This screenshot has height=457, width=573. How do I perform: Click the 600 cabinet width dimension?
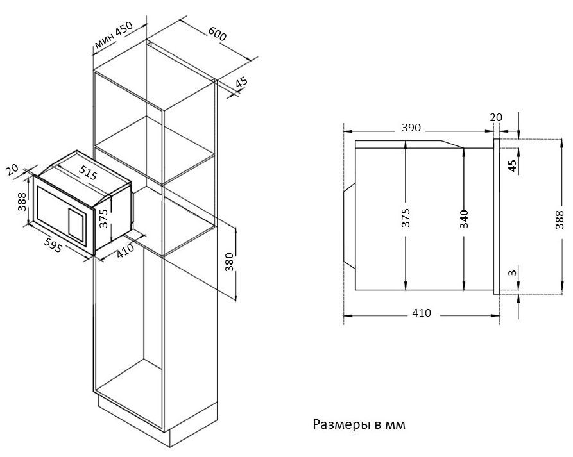[x=218, y=35]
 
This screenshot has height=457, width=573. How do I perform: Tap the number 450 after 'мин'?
[x=123, y=31]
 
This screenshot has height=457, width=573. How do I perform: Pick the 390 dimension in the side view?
[x=411, y=128]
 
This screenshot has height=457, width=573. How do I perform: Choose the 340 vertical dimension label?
[x=464, y=219]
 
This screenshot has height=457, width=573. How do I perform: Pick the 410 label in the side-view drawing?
[x=422, y=313]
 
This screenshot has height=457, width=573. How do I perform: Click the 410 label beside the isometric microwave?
[x=125, y=251]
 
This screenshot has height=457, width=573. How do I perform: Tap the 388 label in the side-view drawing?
[x=560, y=219]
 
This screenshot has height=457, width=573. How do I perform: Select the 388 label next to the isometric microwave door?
[x=22, y=201]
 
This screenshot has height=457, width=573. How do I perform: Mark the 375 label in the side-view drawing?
[x=406, y=218]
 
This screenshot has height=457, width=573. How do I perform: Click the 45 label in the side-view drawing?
[x=513, y=166]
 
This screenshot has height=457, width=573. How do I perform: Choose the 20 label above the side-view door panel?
[x=496, y=117]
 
